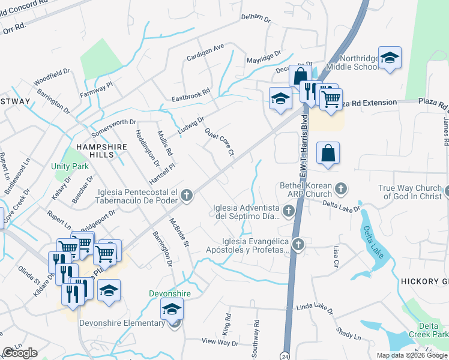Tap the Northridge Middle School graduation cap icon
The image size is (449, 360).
click(390, 58)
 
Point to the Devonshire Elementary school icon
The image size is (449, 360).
click(172, 310)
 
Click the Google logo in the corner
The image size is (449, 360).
click(20, 353)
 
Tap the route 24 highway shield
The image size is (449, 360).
click(286, 353)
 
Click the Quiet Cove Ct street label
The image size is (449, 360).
click(218, 142)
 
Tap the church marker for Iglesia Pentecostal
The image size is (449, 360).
click(187, 195)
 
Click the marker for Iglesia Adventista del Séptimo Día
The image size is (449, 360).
click(289, 211)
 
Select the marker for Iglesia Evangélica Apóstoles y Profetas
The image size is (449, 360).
click(298, 244)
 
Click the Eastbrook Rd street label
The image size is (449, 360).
click(190, 95)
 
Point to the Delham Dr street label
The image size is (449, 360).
click(256, 18)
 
